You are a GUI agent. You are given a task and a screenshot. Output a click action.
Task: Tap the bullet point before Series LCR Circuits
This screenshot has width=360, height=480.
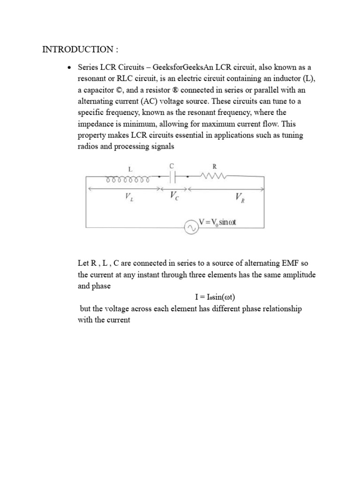pos(69,68)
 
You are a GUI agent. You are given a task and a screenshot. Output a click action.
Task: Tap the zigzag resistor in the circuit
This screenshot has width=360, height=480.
pos(213,177)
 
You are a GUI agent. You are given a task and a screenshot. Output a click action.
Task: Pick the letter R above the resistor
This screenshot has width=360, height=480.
pos(214,165)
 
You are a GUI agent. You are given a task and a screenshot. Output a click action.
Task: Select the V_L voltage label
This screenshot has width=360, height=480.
pos(128,197)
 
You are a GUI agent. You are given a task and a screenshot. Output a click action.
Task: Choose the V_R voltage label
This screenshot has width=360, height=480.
pos(240,198)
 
